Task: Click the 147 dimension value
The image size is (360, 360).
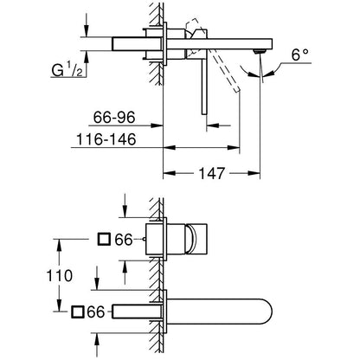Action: [x=211, y=173]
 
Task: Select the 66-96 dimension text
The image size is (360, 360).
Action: [x=114, y=118]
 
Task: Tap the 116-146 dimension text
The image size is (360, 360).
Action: [x=106, y=139]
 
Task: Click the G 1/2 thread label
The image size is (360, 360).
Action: [x=67, y=70]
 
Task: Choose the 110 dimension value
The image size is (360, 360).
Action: [x=60, y=275]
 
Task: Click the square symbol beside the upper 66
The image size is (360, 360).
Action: [x=104, y=239]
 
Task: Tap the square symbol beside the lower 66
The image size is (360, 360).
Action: [x=78, y=312]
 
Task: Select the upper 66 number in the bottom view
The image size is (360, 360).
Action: [x=124, y=240]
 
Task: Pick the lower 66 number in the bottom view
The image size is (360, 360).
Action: [x=96, y=312]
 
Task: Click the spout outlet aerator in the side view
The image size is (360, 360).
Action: [x=259, y=52]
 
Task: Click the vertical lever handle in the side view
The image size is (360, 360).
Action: [x=204, y=87]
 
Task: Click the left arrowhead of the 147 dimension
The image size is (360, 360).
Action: [x=170, y=173]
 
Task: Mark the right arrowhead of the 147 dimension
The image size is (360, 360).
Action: [x=254, y=173]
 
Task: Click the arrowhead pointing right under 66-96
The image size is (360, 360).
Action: [x=157, y=125]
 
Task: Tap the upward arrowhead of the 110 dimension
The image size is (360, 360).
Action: [x=60, y=245]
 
